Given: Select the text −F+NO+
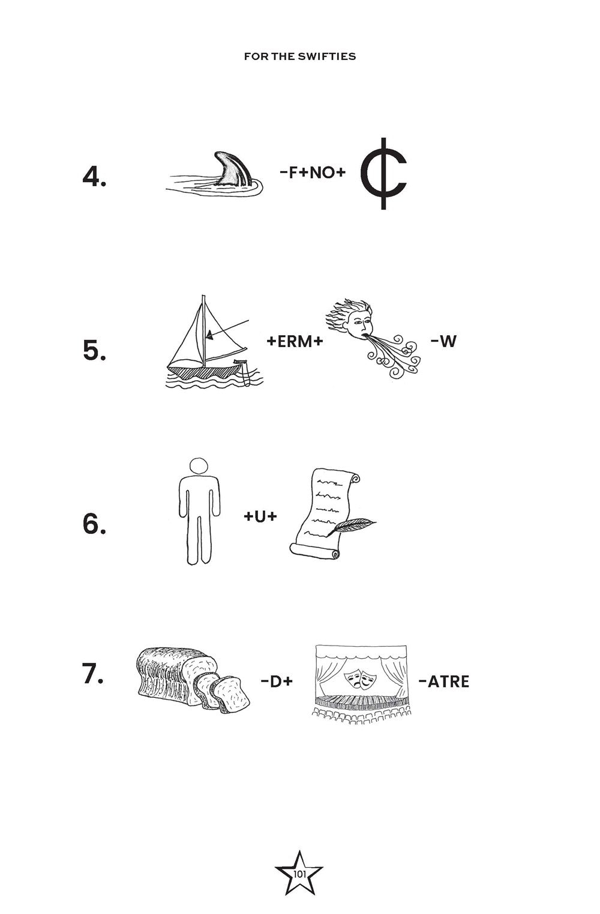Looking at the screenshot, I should point(313,173).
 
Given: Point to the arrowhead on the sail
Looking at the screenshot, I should point(208,336).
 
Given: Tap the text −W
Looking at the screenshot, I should point(443,342).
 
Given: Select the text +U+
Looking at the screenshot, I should point(260,515).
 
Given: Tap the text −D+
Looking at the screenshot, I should point(277,681).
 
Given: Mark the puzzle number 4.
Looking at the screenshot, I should point(94,177).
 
